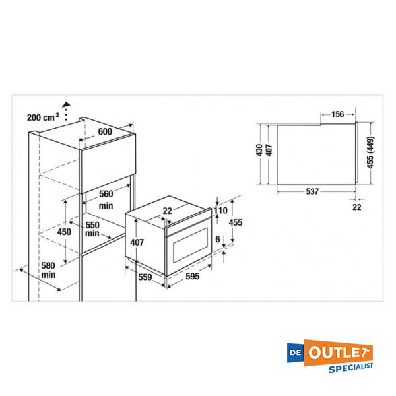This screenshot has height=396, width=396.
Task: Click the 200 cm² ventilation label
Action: coord(43,117)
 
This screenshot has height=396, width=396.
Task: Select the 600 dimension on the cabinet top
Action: coord(106,131)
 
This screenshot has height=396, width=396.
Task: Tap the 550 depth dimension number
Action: coord(92,225)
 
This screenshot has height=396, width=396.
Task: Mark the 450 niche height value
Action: coord(64,232)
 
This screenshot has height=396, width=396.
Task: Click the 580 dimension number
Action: coord(48,265)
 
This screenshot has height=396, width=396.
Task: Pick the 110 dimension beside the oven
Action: coord(220,211)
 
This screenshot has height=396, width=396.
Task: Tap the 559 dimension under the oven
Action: coord(145,277)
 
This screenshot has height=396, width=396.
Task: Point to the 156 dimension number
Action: coord(337,114)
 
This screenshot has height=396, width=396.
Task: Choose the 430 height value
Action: coord(259,150)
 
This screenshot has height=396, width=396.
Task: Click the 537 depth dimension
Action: coord(313,192)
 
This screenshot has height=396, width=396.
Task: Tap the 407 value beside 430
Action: coord(268,150)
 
